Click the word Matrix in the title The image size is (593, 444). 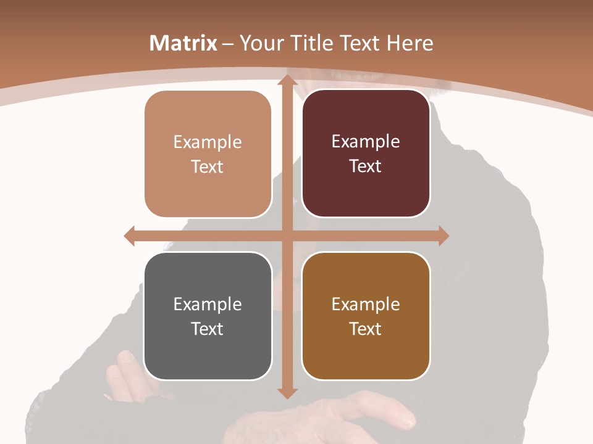click(183, 43)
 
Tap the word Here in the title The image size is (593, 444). click(410, 43)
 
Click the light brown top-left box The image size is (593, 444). click(208, 154)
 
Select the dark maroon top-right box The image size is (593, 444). click(366, 154)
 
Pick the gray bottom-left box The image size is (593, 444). click(208, 316)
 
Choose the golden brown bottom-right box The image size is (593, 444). click(366, 316)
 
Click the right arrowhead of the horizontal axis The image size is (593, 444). click(443, 236)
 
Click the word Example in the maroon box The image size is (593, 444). click(366, 141)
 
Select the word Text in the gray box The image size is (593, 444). click(208, 329)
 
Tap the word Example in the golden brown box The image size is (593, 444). click(366, 304)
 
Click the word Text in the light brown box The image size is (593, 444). click(208, 166)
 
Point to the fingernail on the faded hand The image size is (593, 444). click(408, 422)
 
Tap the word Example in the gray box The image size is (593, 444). click(208, 304)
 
